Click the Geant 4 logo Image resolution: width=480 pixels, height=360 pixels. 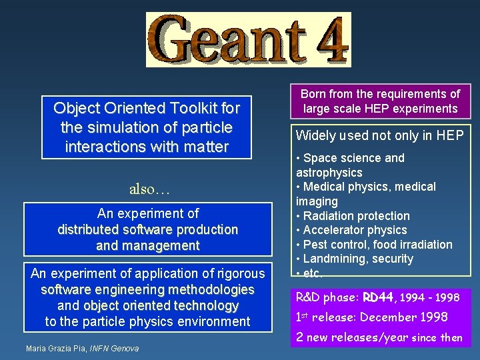pyautogui.click(x=248, y=40)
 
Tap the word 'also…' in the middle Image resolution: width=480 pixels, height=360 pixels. pyautogui.click(x=150, y=189)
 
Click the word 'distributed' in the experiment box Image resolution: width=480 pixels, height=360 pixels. pyautogui.click(x=89, y=229)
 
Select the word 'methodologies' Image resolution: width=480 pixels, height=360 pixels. pyautogui.click(x=211, y=289)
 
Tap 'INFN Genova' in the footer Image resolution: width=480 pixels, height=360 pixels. pyautogui.click(x=114, y=349)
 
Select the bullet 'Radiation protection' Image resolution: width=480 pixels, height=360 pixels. pyautogui.click(x=356, y=216)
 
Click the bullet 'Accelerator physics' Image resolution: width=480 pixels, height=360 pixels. pyautogui.click(x=355, y=230)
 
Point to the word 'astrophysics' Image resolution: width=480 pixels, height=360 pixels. pyautogui.click(x=329, y=173)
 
